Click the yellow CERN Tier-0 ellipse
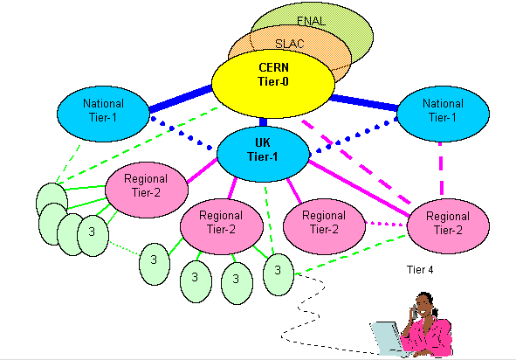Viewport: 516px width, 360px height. (x=273, y=84)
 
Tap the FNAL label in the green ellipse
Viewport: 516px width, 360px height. (x=311, y=21)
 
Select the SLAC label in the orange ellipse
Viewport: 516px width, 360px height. (x=290, y=44)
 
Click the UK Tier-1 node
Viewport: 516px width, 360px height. (x=263, y=154)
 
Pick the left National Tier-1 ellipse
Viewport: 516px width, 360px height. (x=103, y=114)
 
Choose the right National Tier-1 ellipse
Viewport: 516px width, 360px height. (x=443, y=114)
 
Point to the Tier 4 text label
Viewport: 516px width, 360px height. (x=420, y=270)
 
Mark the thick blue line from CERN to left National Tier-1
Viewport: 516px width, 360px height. (x=181, y=99)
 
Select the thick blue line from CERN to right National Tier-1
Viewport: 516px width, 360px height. (x=363, y=102)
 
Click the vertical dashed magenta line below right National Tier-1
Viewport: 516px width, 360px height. (x=441, y=170)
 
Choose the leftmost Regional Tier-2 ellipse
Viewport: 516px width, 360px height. (x=147, y=190)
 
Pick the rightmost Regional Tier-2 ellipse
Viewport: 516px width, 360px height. (x=448, y=226)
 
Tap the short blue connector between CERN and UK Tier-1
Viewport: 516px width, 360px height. (x=263, y=122)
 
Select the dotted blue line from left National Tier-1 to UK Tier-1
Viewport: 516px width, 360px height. (x=181, y=133)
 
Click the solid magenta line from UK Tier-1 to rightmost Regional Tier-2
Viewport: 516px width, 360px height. (x=360, y=189)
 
